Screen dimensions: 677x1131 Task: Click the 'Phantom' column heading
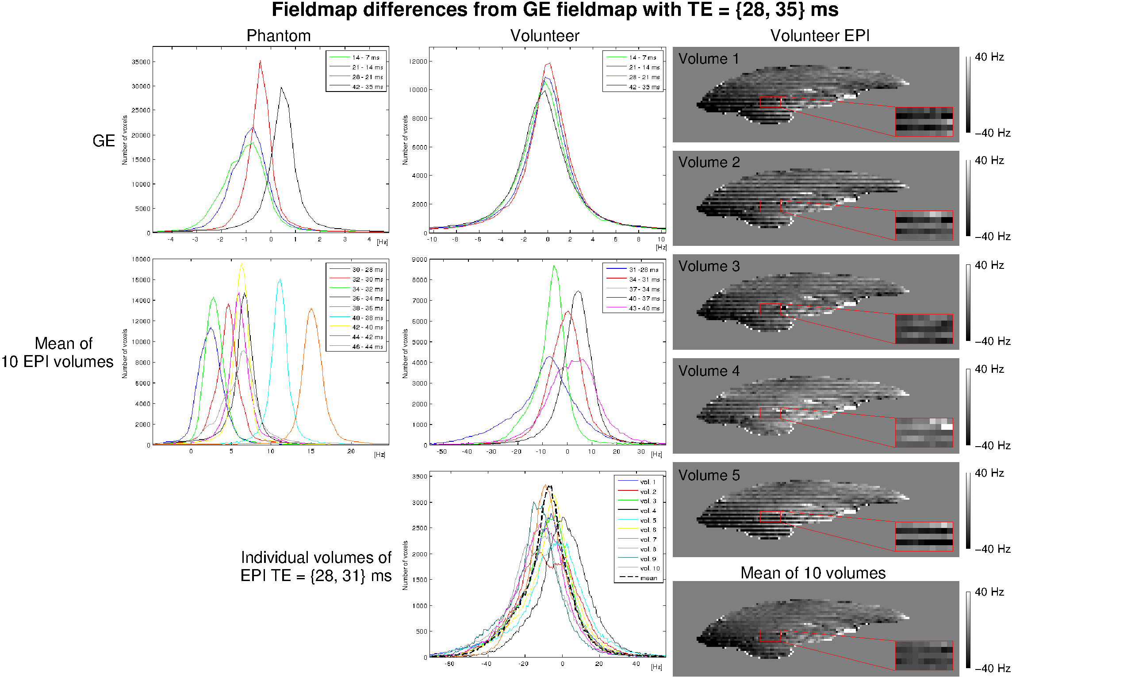(x=278, y=35)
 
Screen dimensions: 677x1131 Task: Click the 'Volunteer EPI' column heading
(x=820, y=35)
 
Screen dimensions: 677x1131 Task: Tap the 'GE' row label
(x=104, y=141)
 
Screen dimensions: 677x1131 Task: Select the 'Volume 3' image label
(x=709, y=266)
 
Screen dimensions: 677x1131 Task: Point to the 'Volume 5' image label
(x=709, y=475)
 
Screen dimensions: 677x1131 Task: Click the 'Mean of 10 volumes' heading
(x=813, y=573)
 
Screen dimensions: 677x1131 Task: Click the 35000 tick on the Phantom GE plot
(x=141, y=62)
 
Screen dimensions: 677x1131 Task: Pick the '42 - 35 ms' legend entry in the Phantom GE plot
(x=367, y=87)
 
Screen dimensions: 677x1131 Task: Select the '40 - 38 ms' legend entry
(x=367, y=318)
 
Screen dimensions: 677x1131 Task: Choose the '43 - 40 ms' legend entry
(x=644, y=308)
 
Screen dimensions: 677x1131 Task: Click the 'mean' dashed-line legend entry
(x=648, y=578)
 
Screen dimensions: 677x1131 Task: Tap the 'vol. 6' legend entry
(x=648, y=530)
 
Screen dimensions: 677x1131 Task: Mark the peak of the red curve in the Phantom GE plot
(x=260, y=61)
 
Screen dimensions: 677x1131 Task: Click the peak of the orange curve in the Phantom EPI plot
(x=311, y=309)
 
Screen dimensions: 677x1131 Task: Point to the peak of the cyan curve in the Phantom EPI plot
(x=280, y=279)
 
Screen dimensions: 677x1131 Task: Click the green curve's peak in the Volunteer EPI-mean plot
(x=554, y=266)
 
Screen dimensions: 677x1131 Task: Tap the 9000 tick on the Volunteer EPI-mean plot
(x=419, y=260)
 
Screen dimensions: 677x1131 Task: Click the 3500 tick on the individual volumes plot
(x=419, y=476)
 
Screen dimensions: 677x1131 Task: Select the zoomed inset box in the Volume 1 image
(x=924, y=122)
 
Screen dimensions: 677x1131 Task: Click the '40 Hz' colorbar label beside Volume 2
(x=989, y=161)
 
